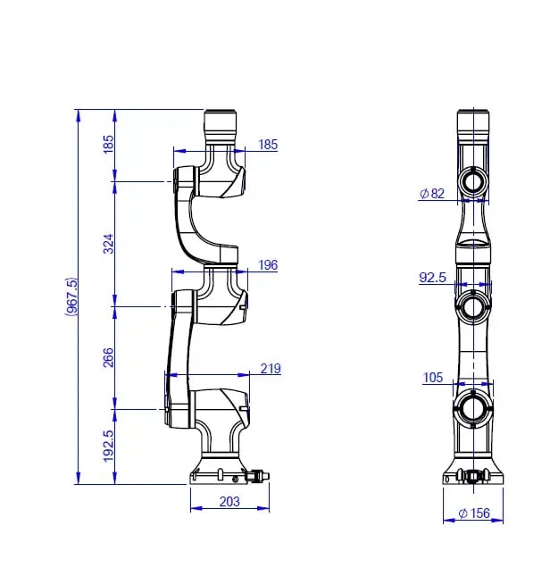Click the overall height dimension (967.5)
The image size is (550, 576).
click(x=71, y=296)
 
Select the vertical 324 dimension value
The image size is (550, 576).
click(x=108, y=244)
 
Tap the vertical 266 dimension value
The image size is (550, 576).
click(x=108, y=357)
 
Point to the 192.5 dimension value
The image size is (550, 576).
click(x=108, y=446)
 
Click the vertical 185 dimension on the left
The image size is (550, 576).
click(x=108, y=144)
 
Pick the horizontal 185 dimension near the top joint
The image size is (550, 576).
click(x=268, y=145)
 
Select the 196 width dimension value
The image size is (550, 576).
click(x=268, y=265)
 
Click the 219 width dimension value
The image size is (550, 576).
click(x=271, y=368)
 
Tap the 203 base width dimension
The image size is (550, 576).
click(x=229, y=501)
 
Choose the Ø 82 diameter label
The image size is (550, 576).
click(x=432, y=193)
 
